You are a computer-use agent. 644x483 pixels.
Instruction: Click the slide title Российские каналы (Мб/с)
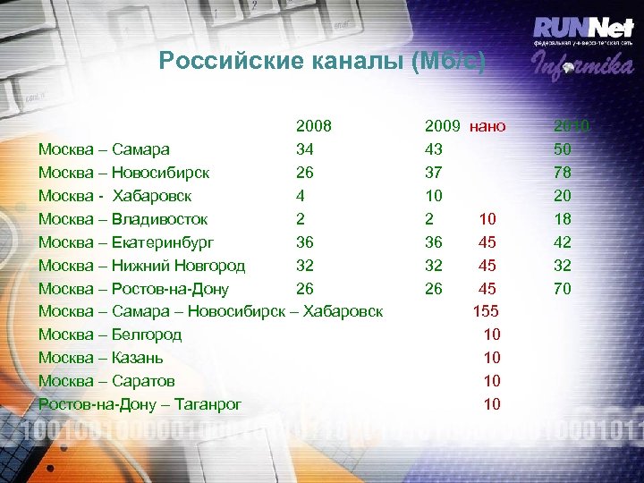click(x=322, y=62)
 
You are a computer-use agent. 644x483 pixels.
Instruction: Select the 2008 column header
click(x=314, y=126)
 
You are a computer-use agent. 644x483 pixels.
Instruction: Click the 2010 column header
click(x=572, y=126)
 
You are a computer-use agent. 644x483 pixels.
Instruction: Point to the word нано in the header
click(x=487, y=126)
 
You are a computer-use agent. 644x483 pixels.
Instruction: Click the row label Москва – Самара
click(x=105, y=148)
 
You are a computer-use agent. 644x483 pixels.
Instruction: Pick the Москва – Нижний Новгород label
click(x=141, y=265)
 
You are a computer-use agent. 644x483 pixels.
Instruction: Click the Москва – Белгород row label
click(x=110, y=335)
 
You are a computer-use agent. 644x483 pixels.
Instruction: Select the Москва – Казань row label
click(x=100, y=358)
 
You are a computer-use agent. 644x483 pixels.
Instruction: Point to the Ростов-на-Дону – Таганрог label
click(x=140, y=404)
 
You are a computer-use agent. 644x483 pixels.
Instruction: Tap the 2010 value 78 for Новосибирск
click(x=563, y=172)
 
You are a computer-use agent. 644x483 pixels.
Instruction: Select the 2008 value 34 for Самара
click(x=305, y=148)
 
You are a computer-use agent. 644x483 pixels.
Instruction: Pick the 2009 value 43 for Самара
click(x=434, y=148)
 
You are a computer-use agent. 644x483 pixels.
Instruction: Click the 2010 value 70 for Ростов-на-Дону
click(x=563, y=288)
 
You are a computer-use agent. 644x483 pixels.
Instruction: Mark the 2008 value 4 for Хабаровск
click(x=301, y=195)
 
